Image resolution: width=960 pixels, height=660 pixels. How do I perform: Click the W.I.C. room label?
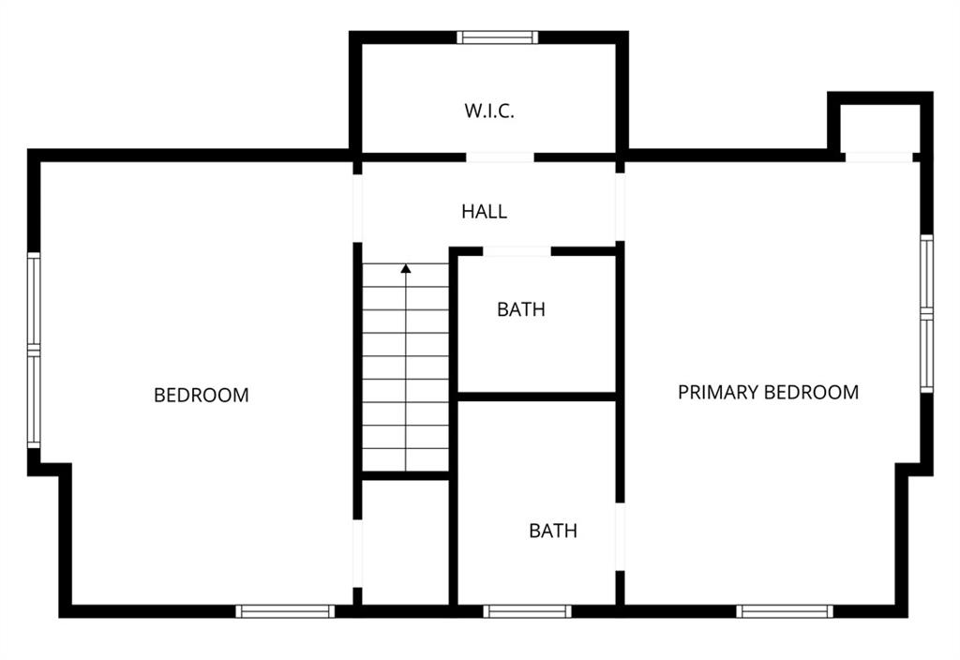pyautogui.click(x=489, y=111)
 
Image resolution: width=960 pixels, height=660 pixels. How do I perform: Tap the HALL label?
pyautogui.click(x=485, y=212)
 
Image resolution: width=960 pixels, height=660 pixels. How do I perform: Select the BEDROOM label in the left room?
pyautogui.click(x=202, y=395)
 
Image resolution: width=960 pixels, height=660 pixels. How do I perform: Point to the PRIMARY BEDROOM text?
pyautogui.click(x=769, y=392)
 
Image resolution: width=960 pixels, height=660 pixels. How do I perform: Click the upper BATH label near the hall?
pyautogui.click(x=521, y=309)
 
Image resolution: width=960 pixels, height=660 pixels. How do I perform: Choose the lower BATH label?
pyautogui.click(x=553, y=531)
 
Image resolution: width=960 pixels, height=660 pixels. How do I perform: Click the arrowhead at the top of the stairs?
pyautogui.click(x=406, y=268)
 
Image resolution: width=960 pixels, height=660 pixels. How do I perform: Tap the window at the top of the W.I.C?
pyautogui.click(x=498, y=37)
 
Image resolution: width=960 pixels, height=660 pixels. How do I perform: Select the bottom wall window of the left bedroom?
pyautogui.click(x=285, y=611)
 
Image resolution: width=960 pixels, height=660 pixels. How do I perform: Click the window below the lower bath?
pyautogui.click(x=527, y=611)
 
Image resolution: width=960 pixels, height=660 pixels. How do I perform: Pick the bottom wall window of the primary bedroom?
pyautogui.click(x=785, y=611)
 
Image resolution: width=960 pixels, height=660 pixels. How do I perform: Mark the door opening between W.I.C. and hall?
pyautogui.click(x=500, y=157)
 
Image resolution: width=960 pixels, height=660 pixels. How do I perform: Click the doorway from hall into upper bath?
pyautogui.click(x=517, y=251)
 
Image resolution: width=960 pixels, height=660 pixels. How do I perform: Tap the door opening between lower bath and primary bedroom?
pyautogui.click(x=620, y=537)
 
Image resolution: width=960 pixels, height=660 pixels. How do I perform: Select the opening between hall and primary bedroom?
pyautogui.click(x=620, y=207)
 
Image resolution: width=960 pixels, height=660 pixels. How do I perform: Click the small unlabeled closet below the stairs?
pyautogui.click(x=405, y=542)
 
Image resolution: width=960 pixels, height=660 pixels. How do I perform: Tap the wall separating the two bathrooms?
pyautogui.click(x=536, y=397)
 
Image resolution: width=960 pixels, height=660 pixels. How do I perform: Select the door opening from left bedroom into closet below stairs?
pyautogui.click(x=357, y=554)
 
